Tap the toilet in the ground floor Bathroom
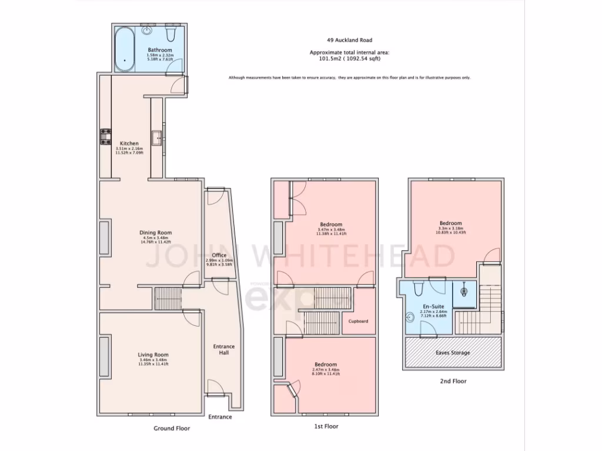point(170,34)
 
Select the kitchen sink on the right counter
point(157,138)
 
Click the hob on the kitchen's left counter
point(106,136)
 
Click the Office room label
point(219,255)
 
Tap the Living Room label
point(153,355)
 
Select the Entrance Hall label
point(223,350)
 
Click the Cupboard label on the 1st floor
point(358,321)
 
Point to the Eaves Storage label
point(452,353)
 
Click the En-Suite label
point(434,307)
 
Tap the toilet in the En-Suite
point(419,288)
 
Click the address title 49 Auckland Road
point(349,41)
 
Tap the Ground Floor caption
point(172,429)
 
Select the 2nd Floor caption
point(453,381)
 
